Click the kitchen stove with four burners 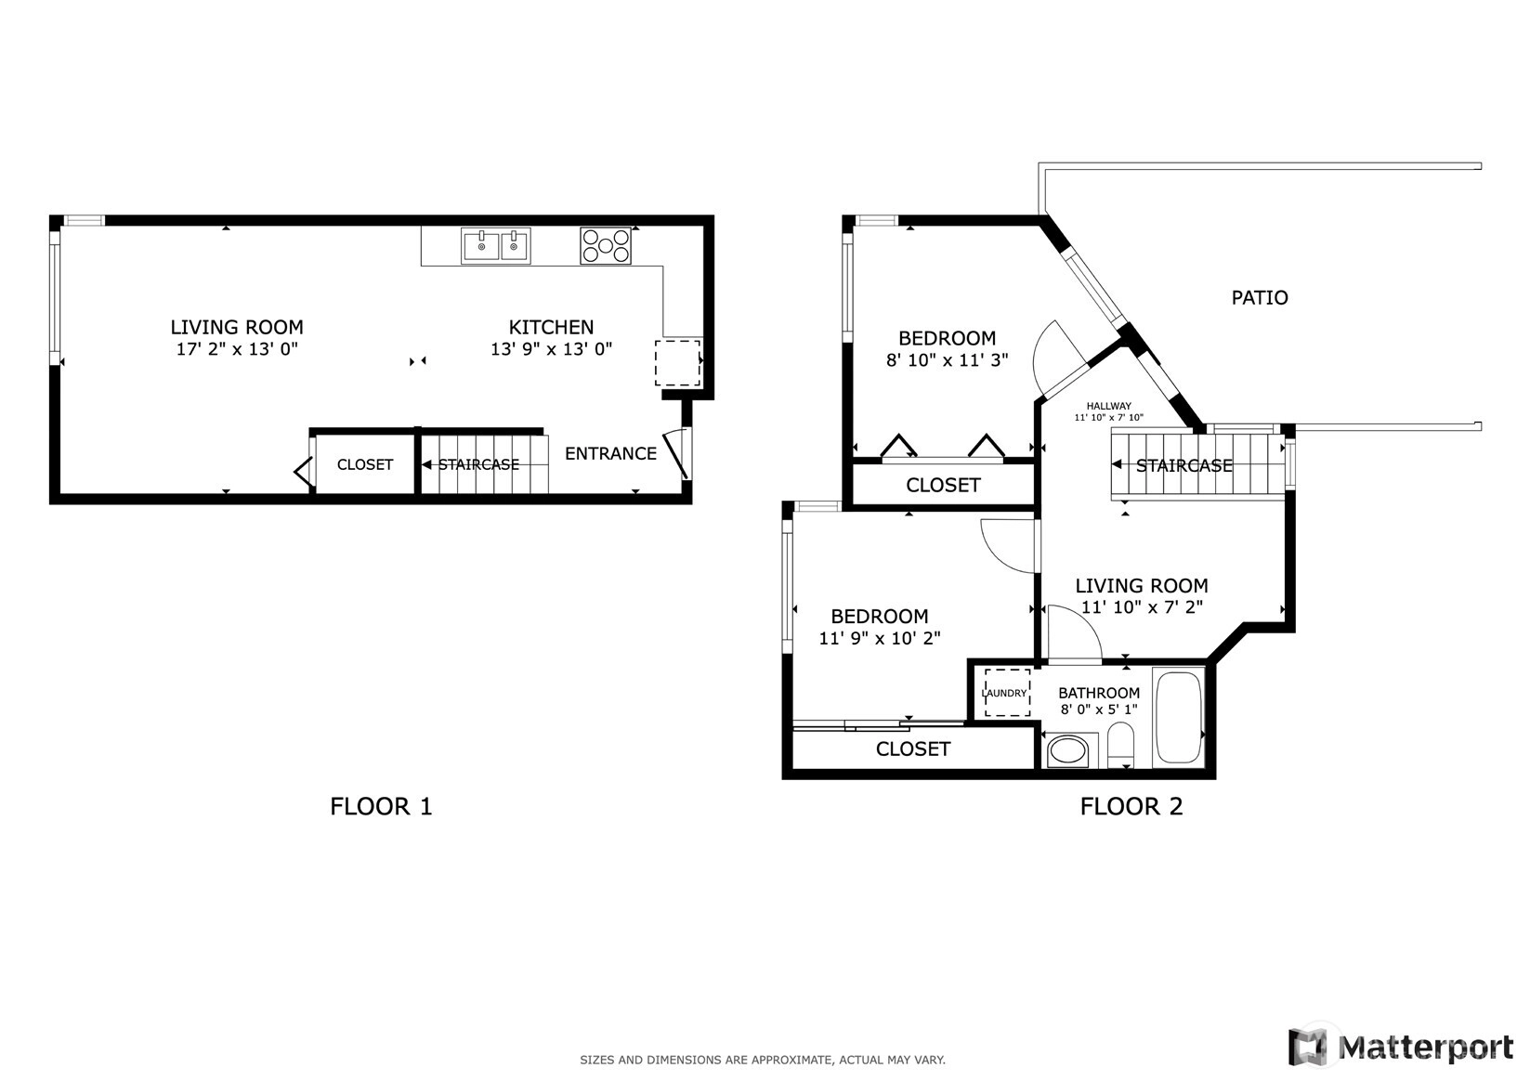point(605,246)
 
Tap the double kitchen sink point(496,246)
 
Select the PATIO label point(1260,298)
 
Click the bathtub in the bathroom point(1178,718)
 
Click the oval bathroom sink point(1066,751)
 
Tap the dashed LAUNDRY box point(1007,693)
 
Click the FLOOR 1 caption point(381,806)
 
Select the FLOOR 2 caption point(1131,806)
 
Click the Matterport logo point(1401,1047)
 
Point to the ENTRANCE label point(610,453)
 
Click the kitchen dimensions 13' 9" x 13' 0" point(551,349)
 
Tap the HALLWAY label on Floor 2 point(1108,406)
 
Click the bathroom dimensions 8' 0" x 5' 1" point(1099,710)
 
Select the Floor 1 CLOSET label point(365,465)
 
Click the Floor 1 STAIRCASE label point(478,465)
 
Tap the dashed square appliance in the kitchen point(677,363)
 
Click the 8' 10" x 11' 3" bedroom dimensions point(947,360)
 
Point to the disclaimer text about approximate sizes point(763,1060)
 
